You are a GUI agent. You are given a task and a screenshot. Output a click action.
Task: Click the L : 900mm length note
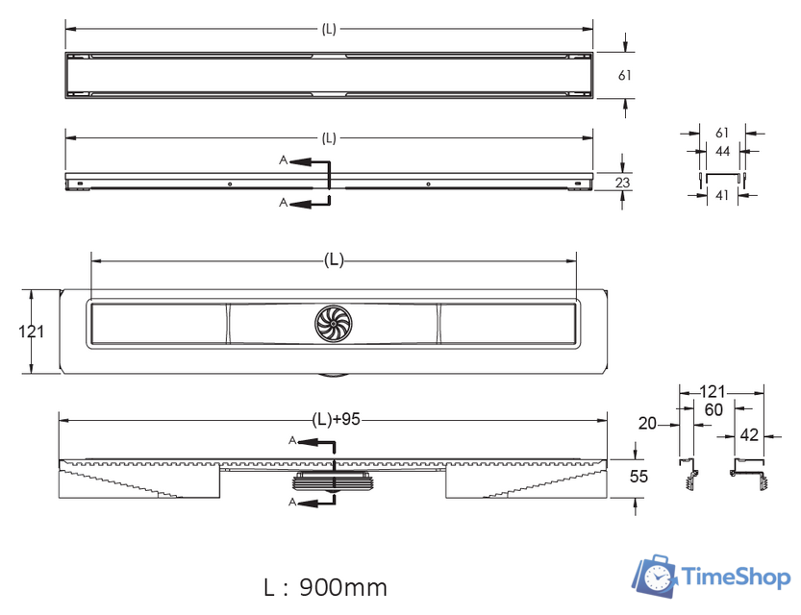coord(326,585)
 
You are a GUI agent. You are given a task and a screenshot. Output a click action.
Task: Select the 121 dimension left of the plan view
coord(32,332)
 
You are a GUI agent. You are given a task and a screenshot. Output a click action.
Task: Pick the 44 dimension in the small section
coord(722,151)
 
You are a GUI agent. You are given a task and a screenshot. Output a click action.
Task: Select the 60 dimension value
coord(713,410)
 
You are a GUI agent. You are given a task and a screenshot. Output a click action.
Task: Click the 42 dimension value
coord(749,434)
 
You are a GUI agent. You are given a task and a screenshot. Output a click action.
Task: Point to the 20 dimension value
coord(649,422)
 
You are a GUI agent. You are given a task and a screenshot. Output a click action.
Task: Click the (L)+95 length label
coord(334,419)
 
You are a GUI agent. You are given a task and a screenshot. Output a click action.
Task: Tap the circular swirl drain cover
coord(334,325)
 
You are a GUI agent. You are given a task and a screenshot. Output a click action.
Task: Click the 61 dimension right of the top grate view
coord(623,74)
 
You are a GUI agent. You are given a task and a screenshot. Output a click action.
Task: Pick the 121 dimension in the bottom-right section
coord(712,392)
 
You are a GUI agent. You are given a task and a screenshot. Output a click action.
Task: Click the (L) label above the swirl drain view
coord(334,258)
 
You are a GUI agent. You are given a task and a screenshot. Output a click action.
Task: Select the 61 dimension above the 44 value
coord(722,133)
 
